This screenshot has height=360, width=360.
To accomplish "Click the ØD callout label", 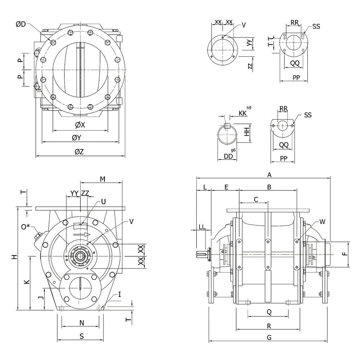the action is tap(21, 24).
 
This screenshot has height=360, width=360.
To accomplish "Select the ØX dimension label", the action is tap(80, 125).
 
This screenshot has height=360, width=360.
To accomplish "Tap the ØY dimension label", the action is tap(77, 138).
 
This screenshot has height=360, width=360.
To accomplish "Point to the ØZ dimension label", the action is tap(79, 152).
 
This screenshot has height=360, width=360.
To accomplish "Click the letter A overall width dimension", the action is tap(269, 175).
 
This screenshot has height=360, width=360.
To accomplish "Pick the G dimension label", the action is tap(269, 338).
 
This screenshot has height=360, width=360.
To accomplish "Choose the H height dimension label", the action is tap(15, 257).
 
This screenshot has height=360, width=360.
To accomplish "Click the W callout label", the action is tap(322, 222).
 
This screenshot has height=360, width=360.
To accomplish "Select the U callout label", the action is tap(103, 202).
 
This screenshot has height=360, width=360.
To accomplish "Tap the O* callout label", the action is tap(26, 227).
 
